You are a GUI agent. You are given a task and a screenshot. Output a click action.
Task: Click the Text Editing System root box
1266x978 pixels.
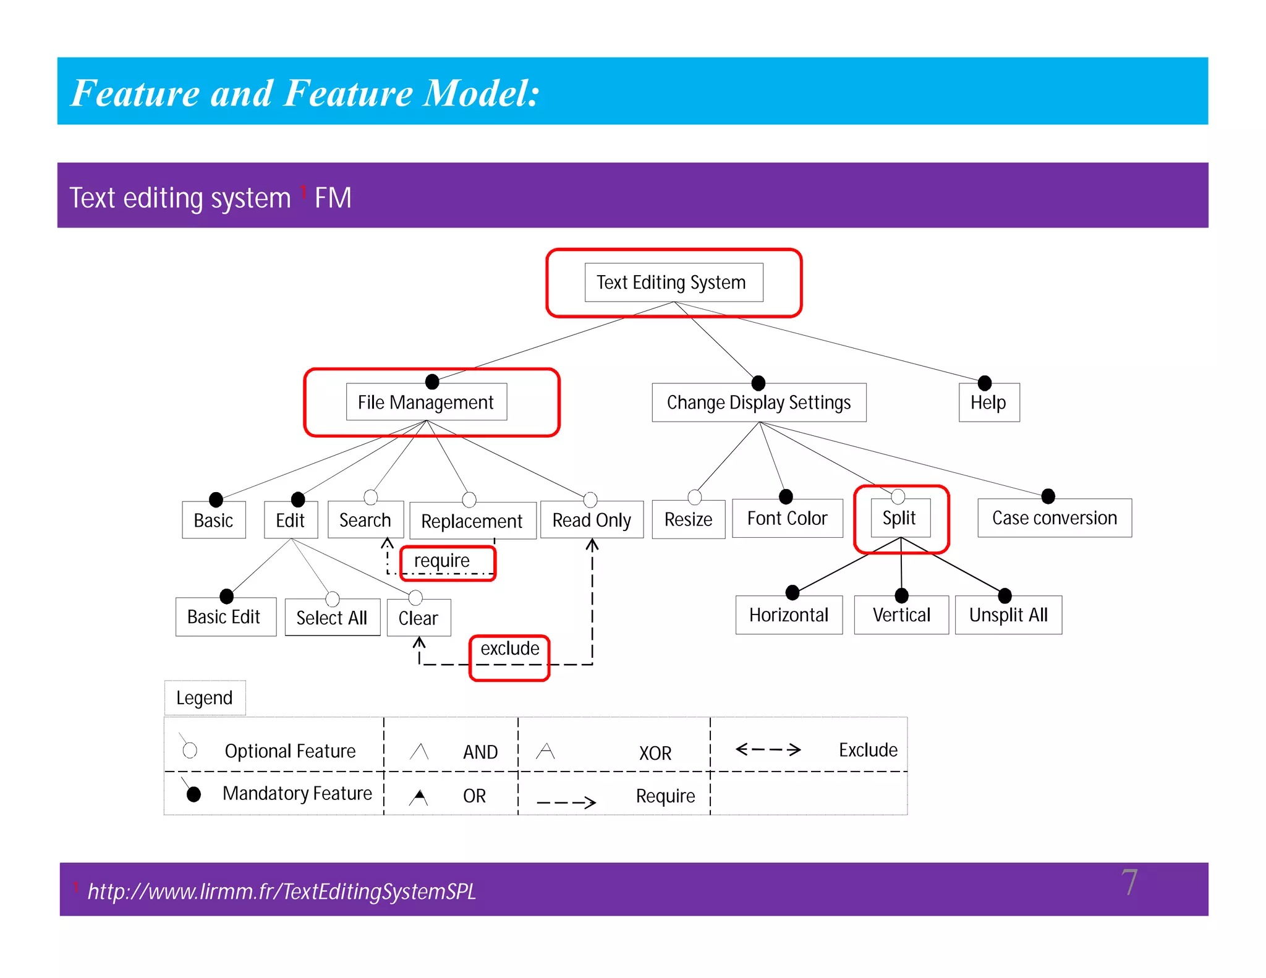[673, 283]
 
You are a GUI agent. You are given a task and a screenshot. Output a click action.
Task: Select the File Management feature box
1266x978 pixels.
[426, 402]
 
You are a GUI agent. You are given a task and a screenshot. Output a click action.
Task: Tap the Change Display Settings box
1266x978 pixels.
[758, 402]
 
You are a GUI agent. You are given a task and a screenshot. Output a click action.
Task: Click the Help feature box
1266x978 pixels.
[988, 402]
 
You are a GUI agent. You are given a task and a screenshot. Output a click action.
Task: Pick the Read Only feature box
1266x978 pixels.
[591, 520]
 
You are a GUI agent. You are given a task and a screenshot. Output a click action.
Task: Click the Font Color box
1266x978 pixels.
[787, 518]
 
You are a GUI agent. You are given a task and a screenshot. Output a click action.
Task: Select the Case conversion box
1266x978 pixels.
[1054, 518]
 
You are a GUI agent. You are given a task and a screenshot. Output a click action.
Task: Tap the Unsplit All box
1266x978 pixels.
[1008, 615]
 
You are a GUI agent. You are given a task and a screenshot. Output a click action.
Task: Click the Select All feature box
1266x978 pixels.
[332, 618]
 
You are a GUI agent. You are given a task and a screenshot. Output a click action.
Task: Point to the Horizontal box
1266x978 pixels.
[788, 615]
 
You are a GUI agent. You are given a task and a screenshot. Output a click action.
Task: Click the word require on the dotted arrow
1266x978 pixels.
[442, 561]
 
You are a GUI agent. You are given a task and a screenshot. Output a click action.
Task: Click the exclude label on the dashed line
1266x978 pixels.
[510, 648]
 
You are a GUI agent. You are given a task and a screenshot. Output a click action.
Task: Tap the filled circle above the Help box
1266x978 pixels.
[985, 383]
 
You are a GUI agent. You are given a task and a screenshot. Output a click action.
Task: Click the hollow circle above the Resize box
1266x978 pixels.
[694, 496]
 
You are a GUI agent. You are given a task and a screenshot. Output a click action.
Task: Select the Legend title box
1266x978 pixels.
[205, 698]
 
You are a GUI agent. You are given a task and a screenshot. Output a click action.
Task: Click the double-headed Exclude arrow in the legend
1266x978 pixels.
[768, 750]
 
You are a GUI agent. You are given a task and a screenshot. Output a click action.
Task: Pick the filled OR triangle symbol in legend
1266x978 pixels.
[418, 797]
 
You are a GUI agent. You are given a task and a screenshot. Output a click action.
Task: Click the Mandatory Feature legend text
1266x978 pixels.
[297, 794]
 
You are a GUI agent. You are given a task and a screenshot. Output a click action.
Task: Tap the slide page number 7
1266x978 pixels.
[1129, 882]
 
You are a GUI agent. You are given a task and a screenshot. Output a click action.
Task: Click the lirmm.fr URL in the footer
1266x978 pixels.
[281, 891]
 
